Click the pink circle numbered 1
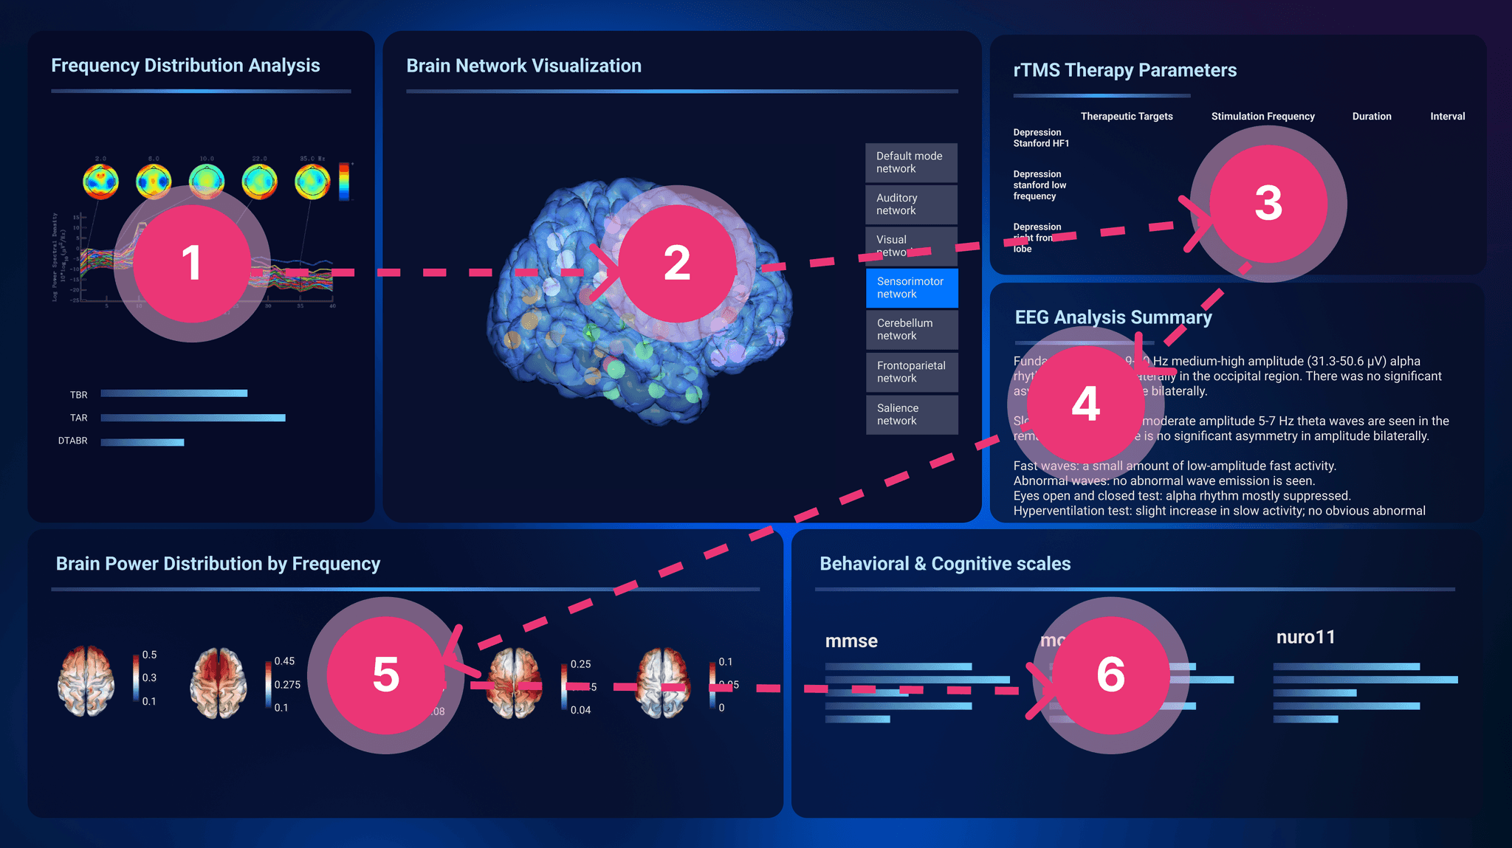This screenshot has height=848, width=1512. [x=192, y=263]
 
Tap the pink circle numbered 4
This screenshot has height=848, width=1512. [x=1085, y=404]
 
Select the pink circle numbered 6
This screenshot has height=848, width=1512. [x=1110, y=675]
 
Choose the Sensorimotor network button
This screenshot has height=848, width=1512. [x=912, y=288]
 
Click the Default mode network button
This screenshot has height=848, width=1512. [x=911, y=162]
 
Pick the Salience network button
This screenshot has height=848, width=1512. [x=912, y=415]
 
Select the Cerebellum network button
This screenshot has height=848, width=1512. [x=912, y=330]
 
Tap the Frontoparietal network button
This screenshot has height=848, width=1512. [x=912, y=372]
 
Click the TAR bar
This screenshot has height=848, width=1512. [x=193, y=418]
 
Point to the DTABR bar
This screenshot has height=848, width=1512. [x=142, y=442]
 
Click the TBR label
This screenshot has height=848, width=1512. [x=79, y=395]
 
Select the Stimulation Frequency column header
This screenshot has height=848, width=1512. [x=1262, y=117]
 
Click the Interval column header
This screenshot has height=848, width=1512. [x=1447, y=117]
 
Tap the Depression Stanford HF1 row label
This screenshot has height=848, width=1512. [x=1041, y=138]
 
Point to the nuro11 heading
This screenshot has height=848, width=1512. [x=1305, y=637]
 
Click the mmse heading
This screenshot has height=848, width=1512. [x=851, y=641]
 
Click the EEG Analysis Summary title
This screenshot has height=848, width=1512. [x=1113, y=317]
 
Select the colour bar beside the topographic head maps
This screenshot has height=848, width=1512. [x=344, y=182]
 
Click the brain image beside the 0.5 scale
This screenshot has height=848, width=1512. [x=86, y=680]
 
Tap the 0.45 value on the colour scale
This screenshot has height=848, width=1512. [x=284, y=661]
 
